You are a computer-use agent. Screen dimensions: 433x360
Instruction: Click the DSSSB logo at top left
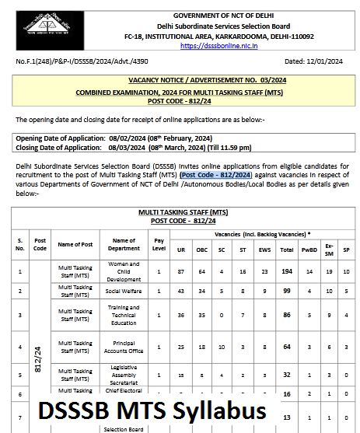(x=44, y=24)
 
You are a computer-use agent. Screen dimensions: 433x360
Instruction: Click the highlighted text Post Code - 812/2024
(x=213, y=175)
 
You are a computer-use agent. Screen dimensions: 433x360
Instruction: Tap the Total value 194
(x=287, y=271)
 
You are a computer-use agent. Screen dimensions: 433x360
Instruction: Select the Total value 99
(x=287, y=290)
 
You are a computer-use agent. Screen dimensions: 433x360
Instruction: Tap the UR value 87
(x=181, y=271)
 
